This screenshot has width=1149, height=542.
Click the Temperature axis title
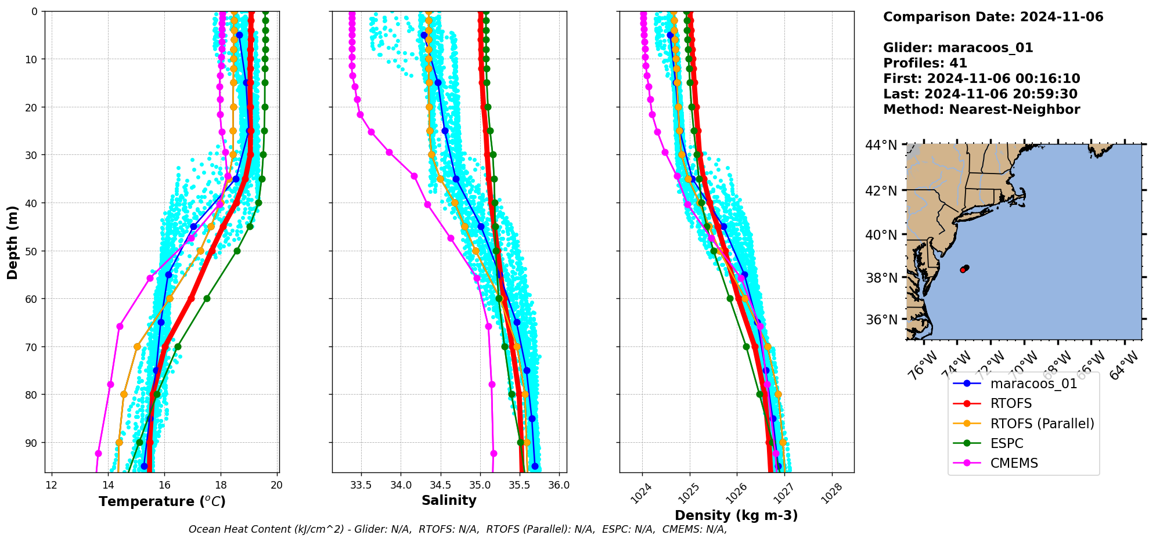click(x=162, y=501)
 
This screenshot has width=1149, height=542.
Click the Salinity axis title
click(x=449, y=500)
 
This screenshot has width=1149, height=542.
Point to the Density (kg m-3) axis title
click(x=736, y=515)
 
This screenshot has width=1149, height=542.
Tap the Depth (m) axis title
click(x=12, y=242)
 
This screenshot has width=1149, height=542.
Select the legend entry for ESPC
click(x=1007, y=443)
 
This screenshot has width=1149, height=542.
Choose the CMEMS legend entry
click(x=1014, y=463)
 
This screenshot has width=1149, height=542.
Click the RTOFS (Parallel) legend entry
click(x=1042, y=424)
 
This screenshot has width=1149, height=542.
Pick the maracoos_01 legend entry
click(x=1033, y=384)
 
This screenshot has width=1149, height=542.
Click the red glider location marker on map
click(x=963, y=270)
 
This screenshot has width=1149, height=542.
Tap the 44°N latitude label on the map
click(x=881, y=145)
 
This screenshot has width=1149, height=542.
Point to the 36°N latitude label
click(x=881, y=320)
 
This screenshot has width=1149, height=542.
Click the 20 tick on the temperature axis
click(x=277, y=485)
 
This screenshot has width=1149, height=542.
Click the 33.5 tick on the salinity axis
click(x=361, y=485)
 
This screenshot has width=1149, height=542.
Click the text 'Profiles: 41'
click(x=925, y=63)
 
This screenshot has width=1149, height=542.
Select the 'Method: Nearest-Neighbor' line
click(x=981, y=109)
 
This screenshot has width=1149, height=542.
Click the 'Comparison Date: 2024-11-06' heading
click(x=993, y=17)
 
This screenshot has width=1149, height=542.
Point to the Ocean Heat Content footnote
click(x=458, y=529)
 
